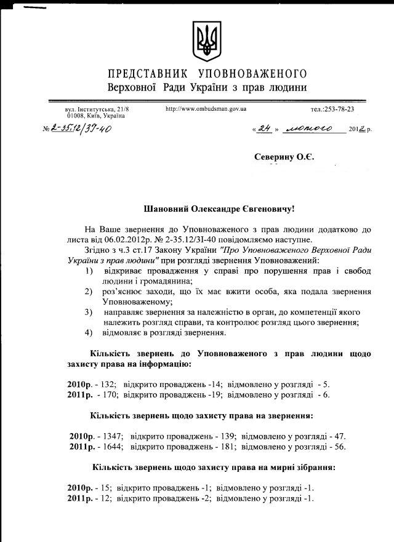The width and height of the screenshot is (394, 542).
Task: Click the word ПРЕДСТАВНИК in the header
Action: pos(143,73)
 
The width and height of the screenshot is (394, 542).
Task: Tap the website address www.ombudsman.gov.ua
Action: pos(206,108)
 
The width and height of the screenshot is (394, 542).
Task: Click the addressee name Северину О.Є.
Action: pos(284,157)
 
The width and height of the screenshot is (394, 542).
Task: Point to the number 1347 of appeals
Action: pos(112,436)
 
